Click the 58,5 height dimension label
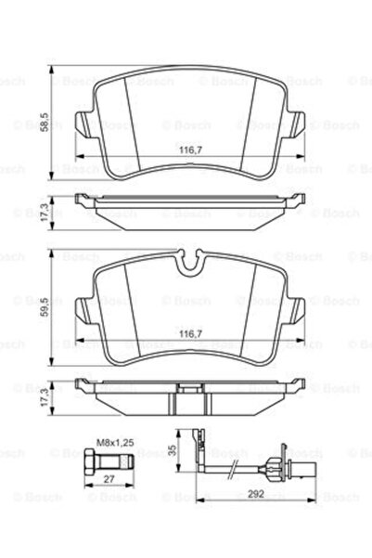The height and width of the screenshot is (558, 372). click(45, 122)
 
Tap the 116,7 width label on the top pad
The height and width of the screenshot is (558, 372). click(190, 149)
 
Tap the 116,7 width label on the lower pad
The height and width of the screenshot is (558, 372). click(190, 334)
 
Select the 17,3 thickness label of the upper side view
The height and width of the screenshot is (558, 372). click(45, 213)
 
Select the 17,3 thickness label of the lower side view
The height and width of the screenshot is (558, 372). click(45, 397)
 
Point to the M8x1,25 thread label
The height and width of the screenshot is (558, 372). click(115, 443)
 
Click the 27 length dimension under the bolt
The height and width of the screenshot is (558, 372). click(109, 479)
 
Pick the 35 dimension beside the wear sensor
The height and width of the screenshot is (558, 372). click(173, 450)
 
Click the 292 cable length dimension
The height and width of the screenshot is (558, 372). click(256, 494)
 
